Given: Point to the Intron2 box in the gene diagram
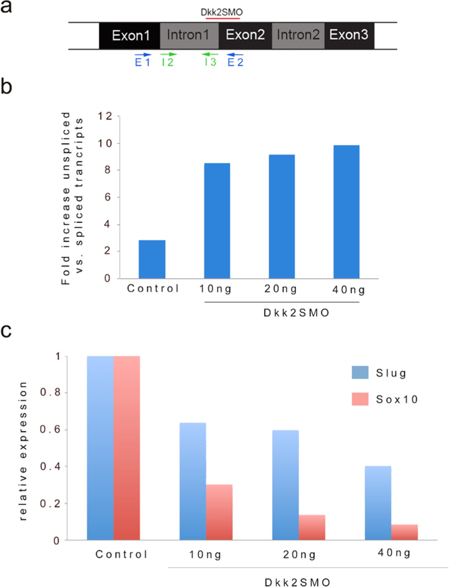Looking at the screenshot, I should tap(298, 36).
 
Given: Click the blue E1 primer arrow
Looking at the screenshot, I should tap(143, 55).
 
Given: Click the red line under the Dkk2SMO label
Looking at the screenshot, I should tap(223, 18).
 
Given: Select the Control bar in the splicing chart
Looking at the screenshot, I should tap(152, 259).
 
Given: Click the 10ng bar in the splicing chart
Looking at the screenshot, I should tap(217, 221).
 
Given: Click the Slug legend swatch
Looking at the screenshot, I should tap(360, 372).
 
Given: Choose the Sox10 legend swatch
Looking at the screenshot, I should tap(360, 399).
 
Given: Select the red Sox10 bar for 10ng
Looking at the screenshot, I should tap(219, 512).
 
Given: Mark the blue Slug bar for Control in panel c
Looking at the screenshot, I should tap(100, 448).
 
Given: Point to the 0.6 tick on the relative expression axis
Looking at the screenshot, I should tap(50, 429).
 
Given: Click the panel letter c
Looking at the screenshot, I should tap(6, 330).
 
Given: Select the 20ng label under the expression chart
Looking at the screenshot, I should tap(299, 555).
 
